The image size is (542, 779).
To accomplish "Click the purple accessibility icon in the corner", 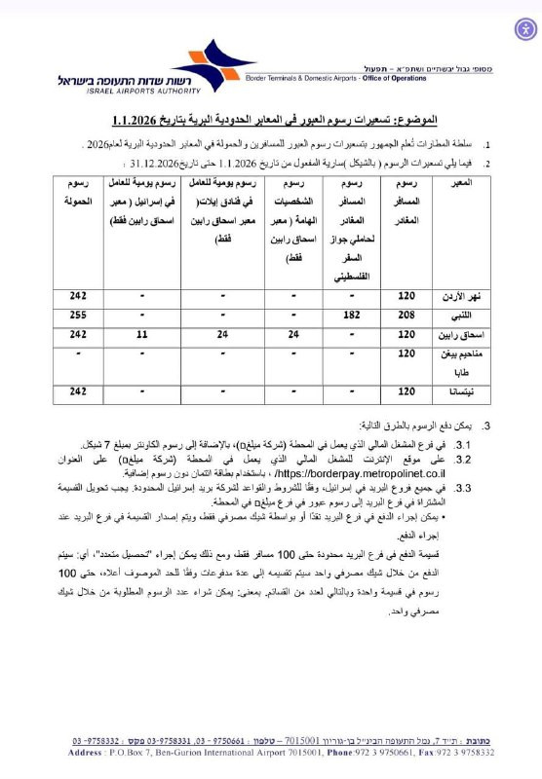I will (x=524, y=27).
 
